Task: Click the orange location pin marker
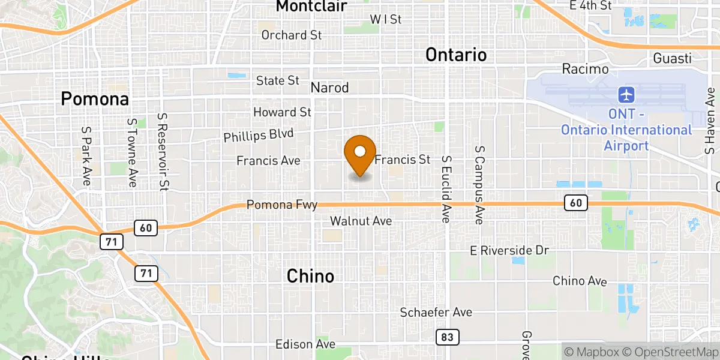(361, 154)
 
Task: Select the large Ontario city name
(456, 55)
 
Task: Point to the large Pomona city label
(95, 99)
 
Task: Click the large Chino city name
(310, 276)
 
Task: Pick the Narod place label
(329, 88)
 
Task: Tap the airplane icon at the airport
(626, 95)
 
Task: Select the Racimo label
(585, 69)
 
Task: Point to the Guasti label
(673, 59)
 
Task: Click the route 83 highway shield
(447, 337)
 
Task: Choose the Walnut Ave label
(361, 221)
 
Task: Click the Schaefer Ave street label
(436, 313)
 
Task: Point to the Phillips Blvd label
(253, 135)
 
